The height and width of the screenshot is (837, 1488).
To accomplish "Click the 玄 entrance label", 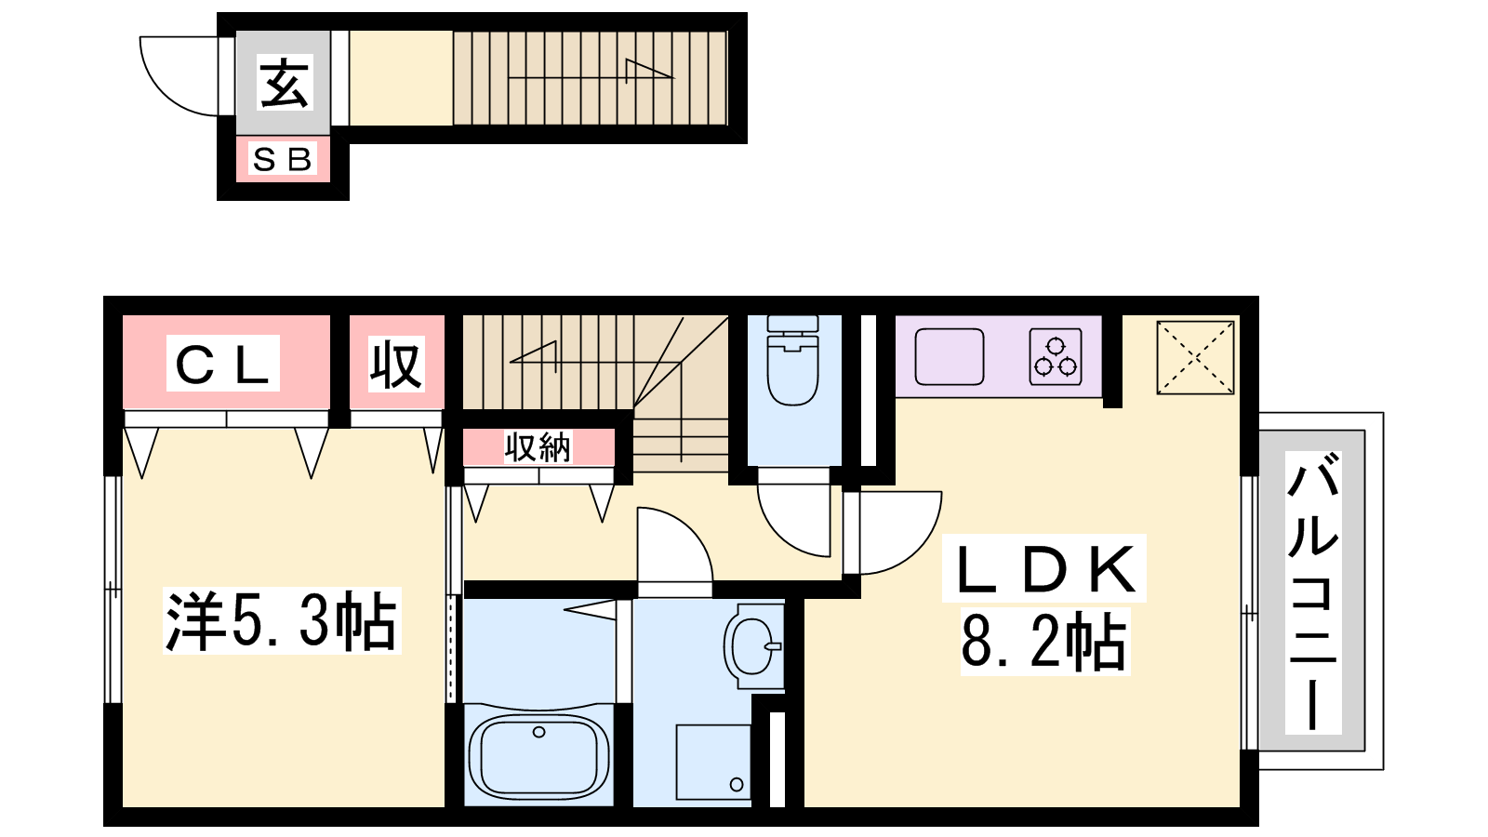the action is tap(285, 83).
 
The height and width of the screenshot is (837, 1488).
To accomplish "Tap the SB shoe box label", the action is tap(283, 159).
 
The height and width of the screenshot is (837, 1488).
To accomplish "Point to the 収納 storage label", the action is tap(538, 446).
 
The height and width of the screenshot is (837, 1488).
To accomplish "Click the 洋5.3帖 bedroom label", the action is tap(282, 621).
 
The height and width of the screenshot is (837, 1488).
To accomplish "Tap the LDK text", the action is tap(1044, 568).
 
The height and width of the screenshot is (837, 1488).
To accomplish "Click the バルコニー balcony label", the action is tap(1312, 591).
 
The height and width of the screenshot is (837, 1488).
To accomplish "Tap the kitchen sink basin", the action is tap(950, 357).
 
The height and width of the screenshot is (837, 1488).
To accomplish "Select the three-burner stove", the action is tap(1056, 357).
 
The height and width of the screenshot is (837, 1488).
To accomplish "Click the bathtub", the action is tap(538, 756).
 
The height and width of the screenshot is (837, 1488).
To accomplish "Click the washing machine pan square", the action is tap(713, 762).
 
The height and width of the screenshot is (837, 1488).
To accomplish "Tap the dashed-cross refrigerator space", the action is tap(1195, 357).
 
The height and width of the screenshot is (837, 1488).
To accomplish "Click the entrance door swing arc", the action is tap(164, 96).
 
